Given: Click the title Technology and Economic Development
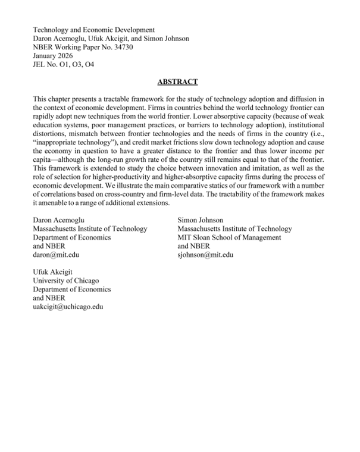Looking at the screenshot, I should (x=93, y=30).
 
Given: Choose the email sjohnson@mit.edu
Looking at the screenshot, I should (x=205, y=255).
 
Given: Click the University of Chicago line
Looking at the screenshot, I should (x=65, y=281).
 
